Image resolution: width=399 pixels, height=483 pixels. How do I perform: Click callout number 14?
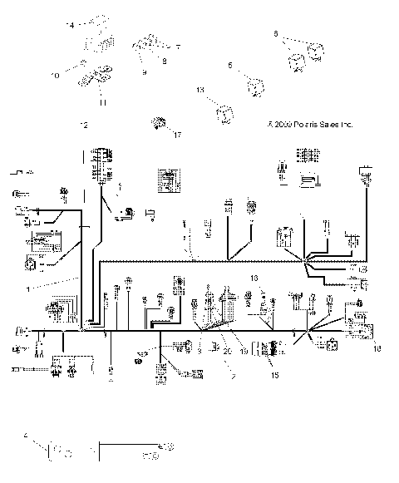pyautogui.click(x=71, y=26)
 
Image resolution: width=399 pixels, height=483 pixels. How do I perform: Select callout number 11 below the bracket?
pyautogui.click(x=103, y=103)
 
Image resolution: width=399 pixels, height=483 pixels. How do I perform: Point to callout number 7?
pyautogui.click(x=177, y=47)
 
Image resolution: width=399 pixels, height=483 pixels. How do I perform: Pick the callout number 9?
pyautogui.click(x=144, y=73)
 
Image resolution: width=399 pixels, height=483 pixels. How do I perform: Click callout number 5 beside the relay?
pyautogui.click(x=229, y=66)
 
